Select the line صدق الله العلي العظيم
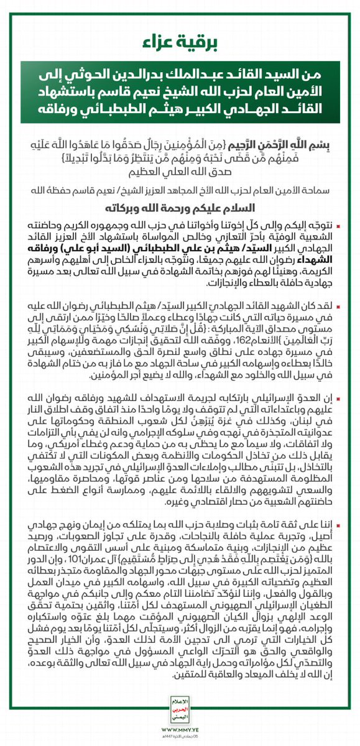(180, 172)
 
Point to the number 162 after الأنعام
(231, 347)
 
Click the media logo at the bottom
(180, 708)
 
